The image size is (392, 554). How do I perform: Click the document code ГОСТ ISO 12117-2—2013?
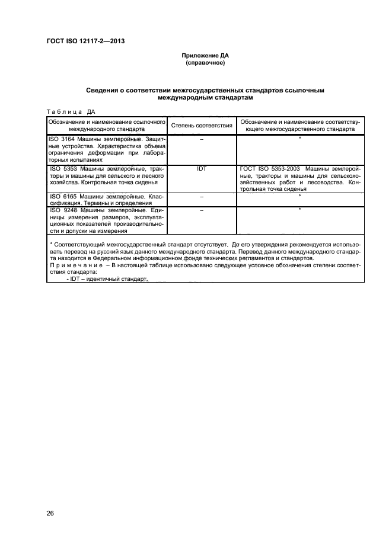(85, 41)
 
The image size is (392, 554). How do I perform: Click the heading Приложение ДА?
(205, 55)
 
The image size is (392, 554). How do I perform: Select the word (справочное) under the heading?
(205, 62)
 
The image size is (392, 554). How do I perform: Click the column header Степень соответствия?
(201, 126)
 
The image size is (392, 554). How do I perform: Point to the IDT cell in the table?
(201, 169)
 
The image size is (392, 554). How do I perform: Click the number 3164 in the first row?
(68, 139)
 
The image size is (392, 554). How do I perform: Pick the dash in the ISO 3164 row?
(201, 139)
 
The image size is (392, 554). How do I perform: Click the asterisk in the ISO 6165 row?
(300, 196)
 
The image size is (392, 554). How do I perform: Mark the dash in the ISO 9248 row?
(201, 210)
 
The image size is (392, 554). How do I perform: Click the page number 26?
(50, 513)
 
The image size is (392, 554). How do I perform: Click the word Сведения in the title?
(104, 90)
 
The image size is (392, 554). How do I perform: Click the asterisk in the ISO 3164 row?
(300, 139)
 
